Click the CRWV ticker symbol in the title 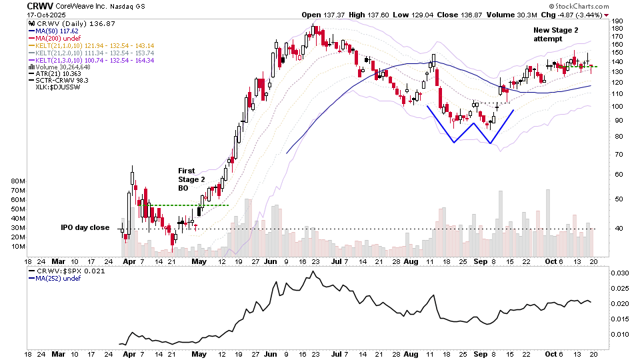point(40,6)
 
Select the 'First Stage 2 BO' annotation point(192,180)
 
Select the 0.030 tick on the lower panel point(619,273)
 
